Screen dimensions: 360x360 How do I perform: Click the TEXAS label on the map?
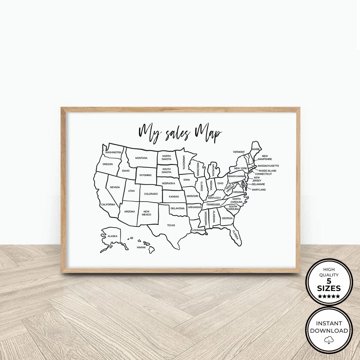click(171, 225)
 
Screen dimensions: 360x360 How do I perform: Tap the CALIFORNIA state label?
click(108, 204)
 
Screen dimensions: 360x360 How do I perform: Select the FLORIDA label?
click(236, 235)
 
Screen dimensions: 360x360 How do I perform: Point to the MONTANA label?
click(141, 158)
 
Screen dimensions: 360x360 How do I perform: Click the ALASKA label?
click(112, 236)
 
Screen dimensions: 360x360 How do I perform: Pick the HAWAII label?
click(141, 248)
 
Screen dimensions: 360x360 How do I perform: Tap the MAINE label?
click(256, 149)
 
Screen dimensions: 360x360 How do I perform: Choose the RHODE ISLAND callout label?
click(267, 171)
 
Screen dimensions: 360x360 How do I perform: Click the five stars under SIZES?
click(329, 296)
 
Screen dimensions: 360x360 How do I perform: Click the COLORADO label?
click(151, 194)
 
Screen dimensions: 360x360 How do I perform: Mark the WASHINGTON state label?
click(113, 152)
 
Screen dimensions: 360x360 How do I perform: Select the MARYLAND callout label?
click(259, 190)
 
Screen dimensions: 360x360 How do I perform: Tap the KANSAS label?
click(174, 197)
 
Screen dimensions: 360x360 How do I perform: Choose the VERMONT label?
click(239, 152)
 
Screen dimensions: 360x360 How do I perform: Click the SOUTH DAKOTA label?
click(167, 171)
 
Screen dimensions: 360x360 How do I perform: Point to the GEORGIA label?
click(227, 218)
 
